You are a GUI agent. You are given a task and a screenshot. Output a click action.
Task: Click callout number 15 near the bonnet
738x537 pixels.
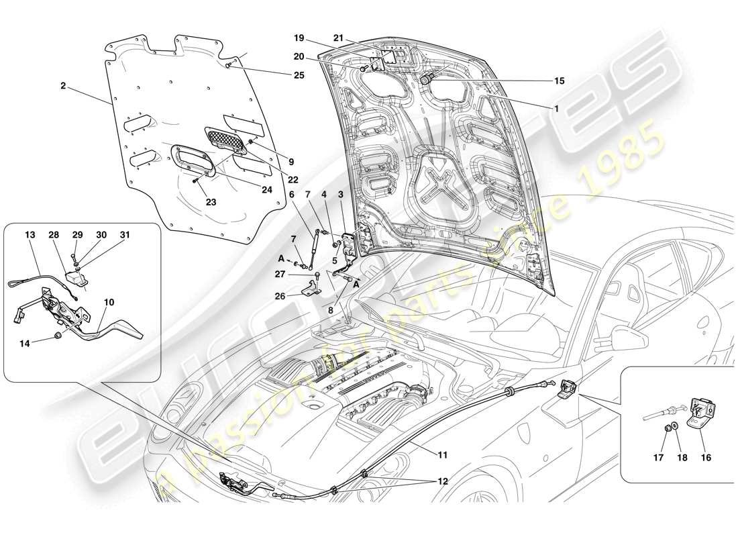(x=559, y=81)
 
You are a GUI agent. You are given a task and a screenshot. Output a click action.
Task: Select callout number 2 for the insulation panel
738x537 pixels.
(x=62, y=87)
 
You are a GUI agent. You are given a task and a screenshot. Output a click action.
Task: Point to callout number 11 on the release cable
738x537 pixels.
(x=442, y=455)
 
